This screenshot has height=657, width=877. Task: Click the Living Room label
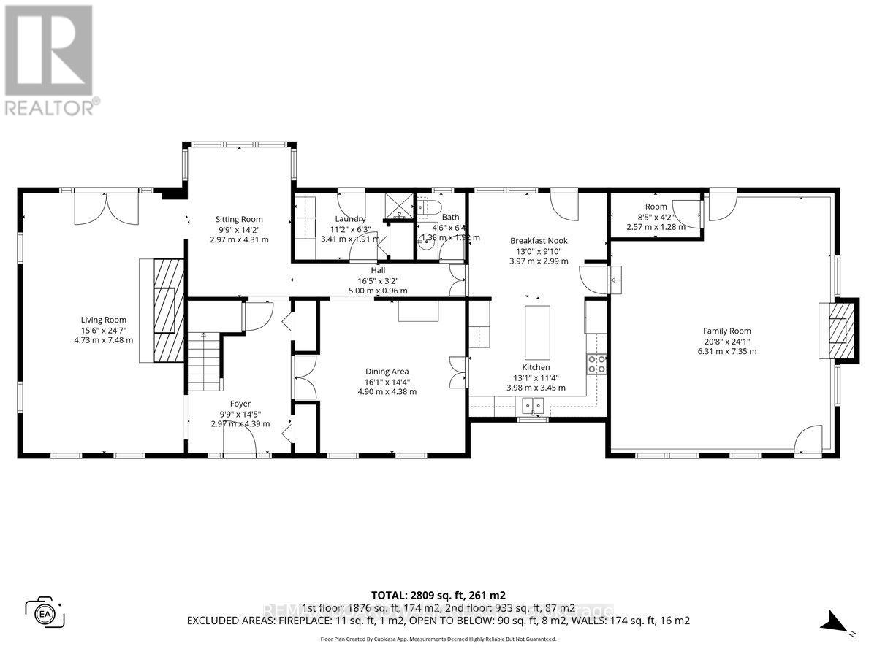[x=103, y=320]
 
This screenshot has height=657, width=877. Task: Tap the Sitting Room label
[x=238, y=219]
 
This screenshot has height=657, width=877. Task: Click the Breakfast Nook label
[x=539, y=241]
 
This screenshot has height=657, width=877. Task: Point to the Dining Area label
[x=387, y=371]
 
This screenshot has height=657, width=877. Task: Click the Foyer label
[x=240, y=404]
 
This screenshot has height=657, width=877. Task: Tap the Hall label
[x=378, y=270]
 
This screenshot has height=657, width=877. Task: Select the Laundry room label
[x=350, y=219]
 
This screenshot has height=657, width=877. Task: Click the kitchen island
[x=537, y=330]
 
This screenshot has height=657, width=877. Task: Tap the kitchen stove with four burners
[x=596, y=364]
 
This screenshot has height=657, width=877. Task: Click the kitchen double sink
[x=534, y=406]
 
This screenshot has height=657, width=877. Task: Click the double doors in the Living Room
[x=107, y=210]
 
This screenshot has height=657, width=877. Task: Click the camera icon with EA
[x=45, y=612]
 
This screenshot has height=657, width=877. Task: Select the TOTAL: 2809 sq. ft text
[x=438, y=595]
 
